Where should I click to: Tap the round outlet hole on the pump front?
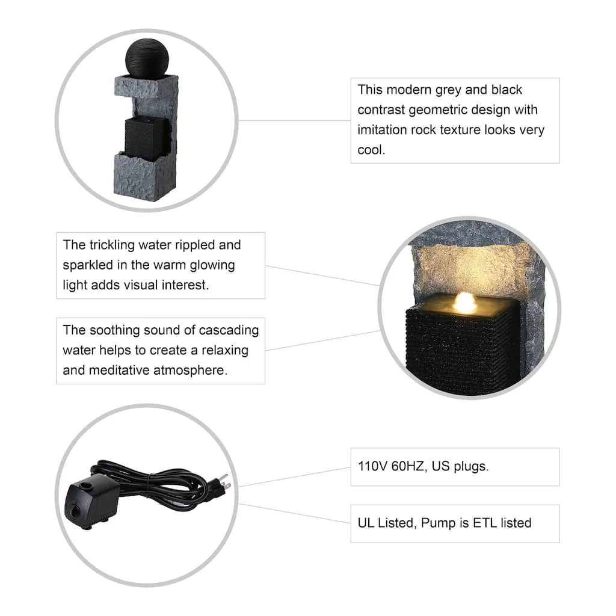coord(75,511)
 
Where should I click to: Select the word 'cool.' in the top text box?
coord(371,150)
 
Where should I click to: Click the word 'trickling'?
coord(112,245)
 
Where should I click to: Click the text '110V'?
coord(372,466)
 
